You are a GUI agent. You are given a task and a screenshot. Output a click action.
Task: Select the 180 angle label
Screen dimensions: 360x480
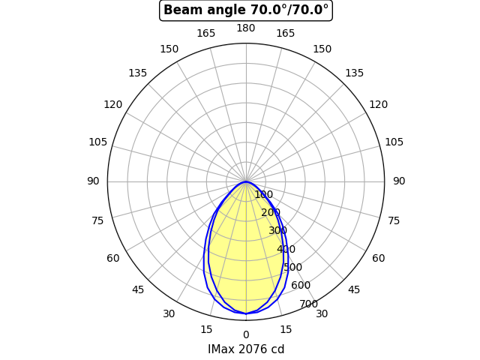click(x=246, y=28)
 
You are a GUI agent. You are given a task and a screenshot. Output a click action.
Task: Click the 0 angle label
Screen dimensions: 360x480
click(x=246, y=335)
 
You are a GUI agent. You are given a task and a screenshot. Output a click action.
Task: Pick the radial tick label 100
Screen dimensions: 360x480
click(x=263, y=195)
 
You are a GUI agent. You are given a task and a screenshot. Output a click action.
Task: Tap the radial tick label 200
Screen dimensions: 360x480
click(x=271, y=213)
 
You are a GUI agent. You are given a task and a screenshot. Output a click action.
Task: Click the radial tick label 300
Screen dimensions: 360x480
click(x=278, y=231)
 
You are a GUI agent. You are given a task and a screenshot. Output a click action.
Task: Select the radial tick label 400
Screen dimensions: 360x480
click(x=286, y=249)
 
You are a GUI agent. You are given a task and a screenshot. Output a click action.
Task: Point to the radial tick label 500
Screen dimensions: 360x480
click(x=293, y=267)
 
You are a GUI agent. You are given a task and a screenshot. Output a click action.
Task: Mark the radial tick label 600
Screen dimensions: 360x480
click(x=301, y=285)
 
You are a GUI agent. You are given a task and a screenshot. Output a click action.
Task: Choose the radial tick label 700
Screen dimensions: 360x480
click(x=308, y=304)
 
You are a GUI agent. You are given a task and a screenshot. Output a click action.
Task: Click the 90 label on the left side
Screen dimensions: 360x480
click(x=93, y=181)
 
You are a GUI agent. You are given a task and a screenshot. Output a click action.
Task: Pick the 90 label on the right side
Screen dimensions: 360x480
click(x=399, y=181)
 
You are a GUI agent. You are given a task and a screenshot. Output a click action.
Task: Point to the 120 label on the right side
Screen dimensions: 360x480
click(x=379, y=105)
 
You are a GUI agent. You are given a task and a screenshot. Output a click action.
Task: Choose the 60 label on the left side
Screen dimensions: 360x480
click(x=113, y=259)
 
